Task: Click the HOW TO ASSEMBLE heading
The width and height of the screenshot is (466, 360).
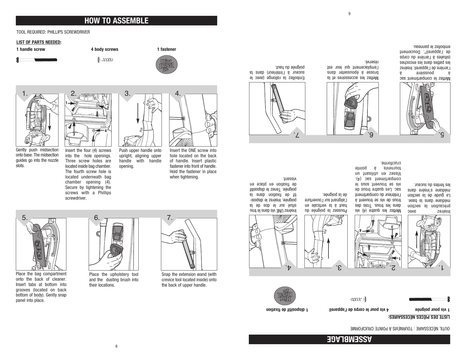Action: pyautogui.click(x=116, y=21)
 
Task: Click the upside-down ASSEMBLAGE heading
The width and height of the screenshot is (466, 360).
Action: pyautogui.click(x=349, y=339)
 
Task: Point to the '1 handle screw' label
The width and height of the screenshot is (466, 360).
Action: pyautogui.click(x=31, y=49)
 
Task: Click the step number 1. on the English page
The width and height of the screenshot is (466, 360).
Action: pyautogui.click(x=25, y=93)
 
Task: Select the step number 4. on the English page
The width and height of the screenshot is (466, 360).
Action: pyautogui.click(x=178, y=93)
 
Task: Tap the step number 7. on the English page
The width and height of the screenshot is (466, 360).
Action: pyautogui.click(x=170, y=218)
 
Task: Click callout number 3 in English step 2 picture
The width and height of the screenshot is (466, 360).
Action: pyautogui.click(x=74, y=134)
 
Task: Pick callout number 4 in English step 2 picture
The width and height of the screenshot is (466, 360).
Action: pyautogui.click(x=106, y=131)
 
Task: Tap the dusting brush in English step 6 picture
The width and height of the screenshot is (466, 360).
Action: pyautogui.click(x=116, y=250)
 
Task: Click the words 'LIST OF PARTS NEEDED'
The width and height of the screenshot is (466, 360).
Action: pyautogui.click(x=39, y=42)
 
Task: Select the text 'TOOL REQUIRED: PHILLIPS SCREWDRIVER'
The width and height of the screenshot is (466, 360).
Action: pyautogui.click(x=53, y=32)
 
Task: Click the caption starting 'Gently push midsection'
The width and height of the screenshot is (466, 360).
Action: pyautogui.click(x=37, y=158)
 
